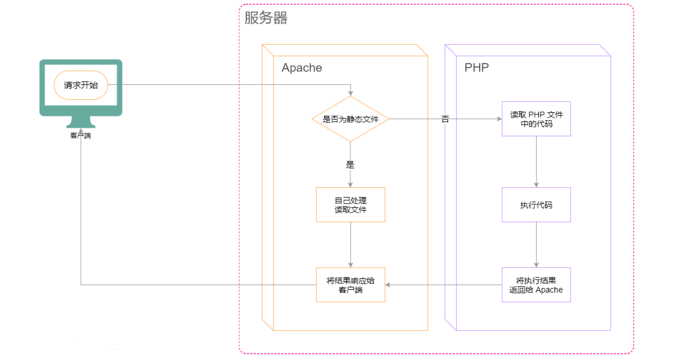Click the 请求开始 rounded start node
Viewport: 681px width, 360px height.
pyautogui.click(x=81, y=85)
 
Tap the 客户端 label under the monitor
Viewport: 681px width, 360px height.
pyautogui.click(x=81, y=136)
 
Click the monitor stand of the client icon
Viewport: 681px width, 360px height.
pyautogui.click(x=81, y=122)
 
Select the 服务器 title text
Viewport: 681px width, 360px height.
pyautogui.click(x=266, y=18)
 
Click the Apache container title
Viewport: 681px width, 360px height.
pyautogui.click(x=302, y=68)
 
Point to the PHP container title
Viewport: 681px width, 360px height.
pyautogui.click(x=476, y=68)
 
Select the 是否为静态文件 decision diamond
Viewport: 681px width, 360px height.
pyautogui.click(x=350, y=119)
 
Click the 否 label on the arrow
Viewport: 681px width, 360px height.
pyautogui.click(x=445, y=119)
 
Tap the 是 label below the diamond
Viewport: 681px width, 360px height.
pyautogui.click(x=350, y=165)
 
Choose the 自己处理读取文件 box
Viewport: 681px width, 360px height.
pyautogui.click(x=350, y=205)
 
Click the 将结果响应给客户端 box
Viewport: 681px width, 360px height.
pyautogui.click(x=350, y=285)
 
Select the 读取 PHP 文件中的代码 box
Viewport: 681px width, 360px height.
pyautogui.click(x=536, y=119)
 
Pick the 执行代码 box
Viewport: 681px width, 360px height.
pyautogui.click(x=536, y=205)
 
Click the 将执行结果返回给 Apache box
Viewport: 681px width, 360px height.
pyautogui.click(x=536, y=285)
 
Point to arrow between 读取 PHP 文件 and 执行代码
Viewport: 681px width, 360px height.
pyautogui.click(x=536, y=162)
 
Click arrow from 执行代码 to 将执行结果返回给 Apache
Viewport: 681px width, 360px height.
pyautogui.click(x=536, y=245)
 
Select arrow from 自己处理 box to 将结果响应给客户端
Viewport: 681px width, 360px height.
pyautogui.click(x=350, y=245)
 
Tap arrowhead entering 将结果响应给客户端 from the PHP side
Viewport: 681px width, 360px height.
pyautogui.click(x=388, y=285)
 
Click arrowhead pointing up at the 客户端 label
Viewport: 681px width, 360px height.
pyautogui.click(x=81, y=131)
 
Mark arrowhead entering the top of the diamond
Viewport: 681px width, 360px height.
pyautogui.click(x=350, y=93)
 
